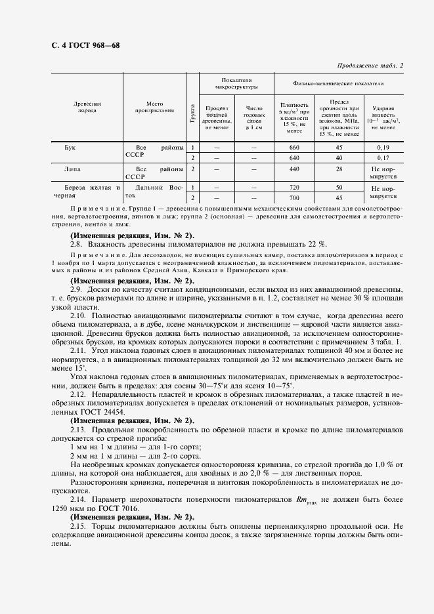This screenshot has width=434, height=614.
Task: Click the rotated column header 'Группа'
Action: pos(192,108)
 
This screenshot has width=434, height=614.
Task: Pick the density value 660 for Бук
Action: pos(293,148)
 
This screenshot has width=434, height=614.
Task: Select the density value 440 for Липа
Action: pos(293,169)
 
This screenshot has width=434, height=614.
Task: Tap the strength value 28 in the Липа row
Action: pos(339,169)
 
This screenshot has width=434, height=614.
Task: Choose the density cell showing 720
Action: pos(293,188)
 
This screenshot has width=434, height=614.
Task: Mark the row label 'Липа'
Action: pos(73,169)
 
